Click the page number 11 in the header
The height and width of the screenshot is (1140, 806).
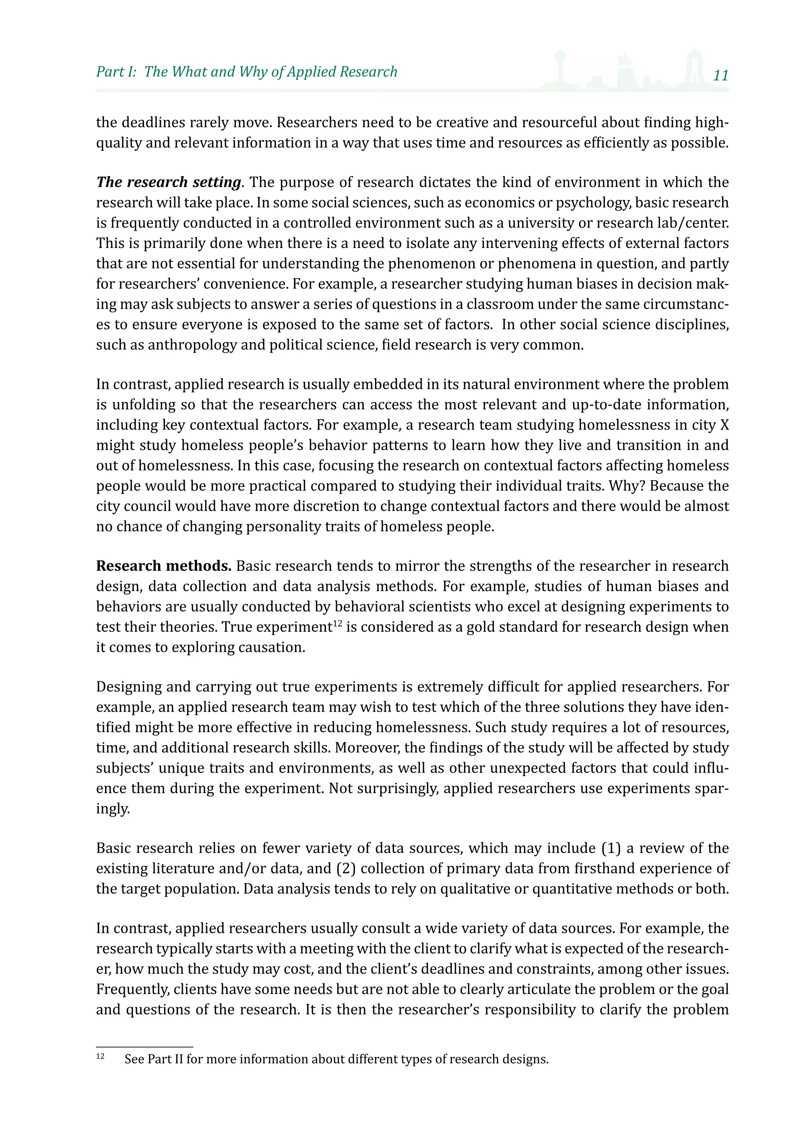[720, 76]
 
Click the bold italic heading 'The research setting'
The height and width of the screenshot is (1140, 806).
[168, 182]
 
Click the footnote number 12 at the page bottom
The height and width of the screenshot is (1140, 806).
[100, 1056]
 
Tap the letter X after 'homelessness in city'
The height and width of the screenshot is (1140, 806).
[724, 425]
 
